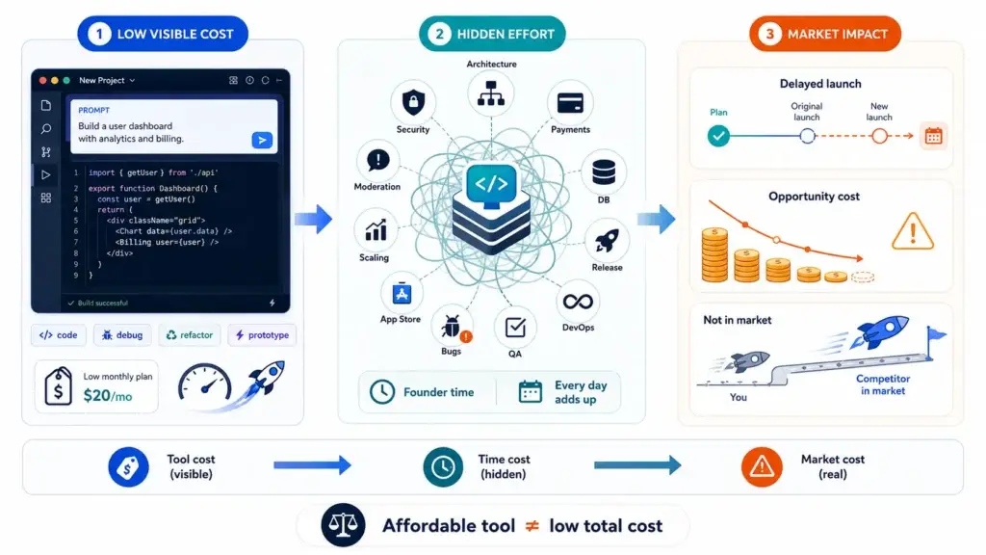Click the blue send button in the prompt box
(262, 140)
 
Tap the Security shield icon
(413, 101)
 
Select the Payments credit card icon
(570, 102)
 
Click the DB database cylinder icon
(604, 172)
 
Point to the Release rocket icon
(607, 240)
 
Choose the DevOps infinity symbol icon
(578, 302)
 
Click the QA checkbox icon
(515, 328)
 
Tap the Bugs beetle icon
(452, 327)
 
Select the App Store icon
(402, 293)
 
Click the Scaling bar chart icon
(376, 230)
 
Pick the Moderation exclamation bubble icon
(377, 161)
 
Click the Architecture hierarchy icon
(491, 93)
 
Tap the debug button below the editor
(122, 334)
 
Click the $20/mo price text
(108, 395)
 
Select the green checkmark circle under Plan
(718, 135)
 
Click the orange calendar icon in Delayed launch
(933, 136)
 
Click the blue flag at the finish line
(936, 334)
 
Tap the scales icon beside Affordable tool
(343, 525)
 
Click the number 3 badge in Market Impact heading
(769, 34)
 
